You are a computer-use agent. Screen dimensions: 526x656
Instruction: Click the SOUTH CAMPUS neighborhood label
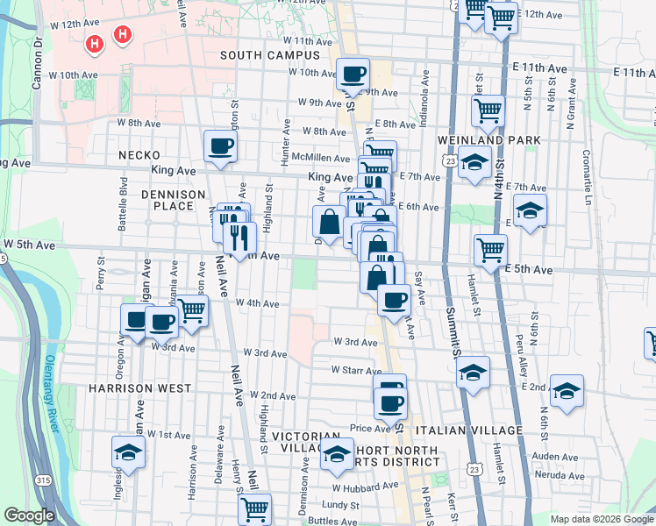point(270,55)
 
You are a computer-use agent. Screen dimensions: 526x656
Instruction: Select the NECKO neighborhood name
point(137,155)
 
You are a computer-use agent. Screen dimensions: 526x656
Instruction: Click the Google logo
point(29,515)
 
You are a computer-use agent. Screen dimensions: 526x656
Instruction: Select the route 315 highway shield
point(43,480)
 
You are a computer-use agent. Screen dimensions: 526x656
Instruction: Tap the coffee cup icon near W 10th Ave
point(353,74)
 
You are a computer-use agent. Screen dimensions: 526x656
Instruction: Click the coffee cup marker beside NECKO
point(220,146)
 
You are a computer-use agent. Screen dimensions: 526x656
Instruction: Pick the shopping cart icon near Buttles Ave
point(254,508)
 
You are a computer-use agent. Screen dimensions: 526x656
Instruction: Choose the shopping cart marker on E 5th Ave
point(490,250)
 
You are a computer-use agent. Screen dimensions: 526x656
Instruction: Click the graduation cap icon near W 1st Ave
point(128,454)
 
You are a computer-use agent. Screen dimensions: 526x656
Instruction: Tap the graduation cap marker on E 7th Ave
point(530,210)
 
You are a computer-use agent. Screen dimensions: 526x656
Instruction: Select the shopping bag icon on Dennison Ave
point(329,223)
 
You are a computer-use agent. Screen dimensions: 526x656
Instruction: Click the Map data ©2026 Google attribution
point(601,519)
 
